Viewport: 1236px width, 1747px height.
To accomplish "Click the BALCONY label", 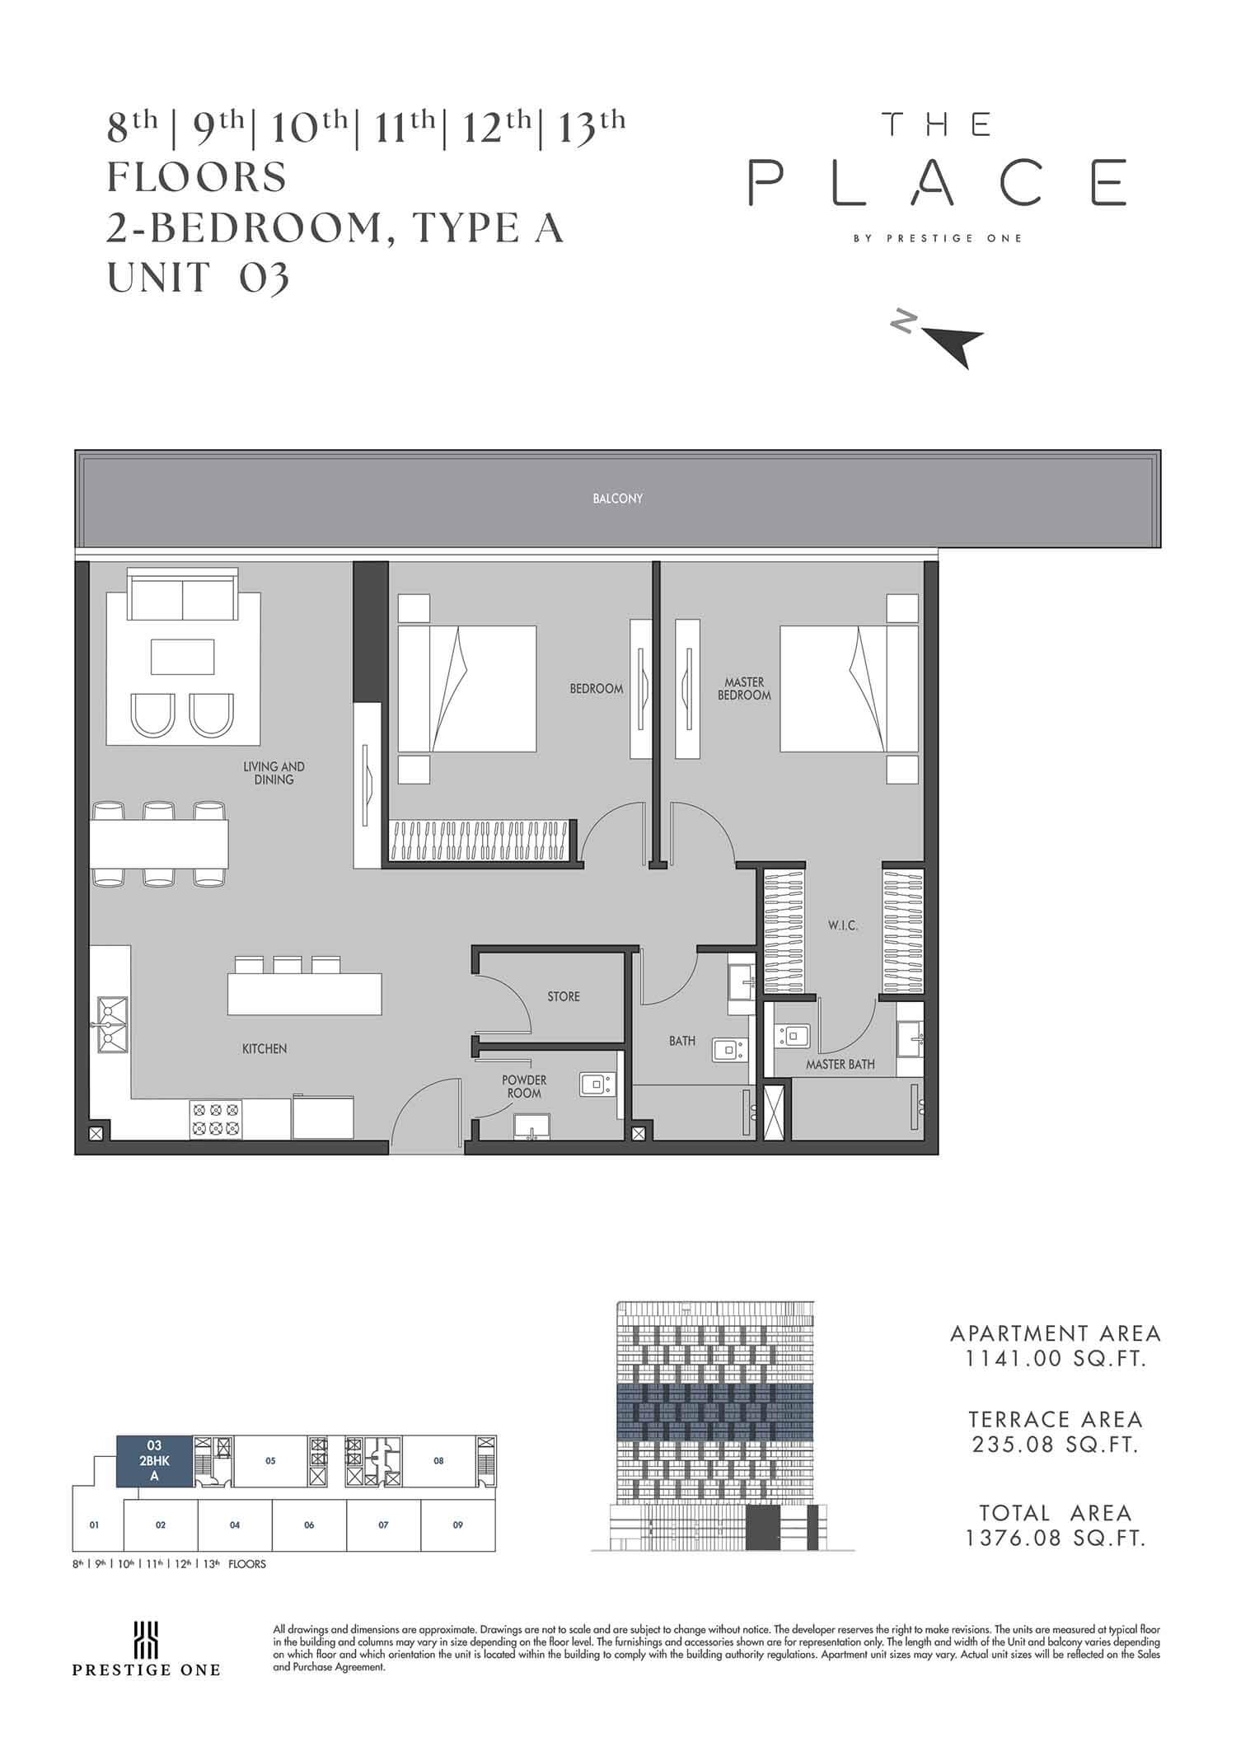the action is [617, 499].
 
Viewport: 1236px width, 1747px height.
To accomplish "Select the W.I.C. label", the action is [843, 925].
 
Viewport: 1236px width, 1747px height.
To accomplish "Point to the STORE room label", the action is [564, 996].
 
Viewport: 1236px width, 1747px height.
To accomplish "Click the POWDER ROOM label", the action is [524, 1086].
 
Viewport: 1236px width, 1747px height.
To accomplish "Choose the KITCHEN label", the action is [265, 1049].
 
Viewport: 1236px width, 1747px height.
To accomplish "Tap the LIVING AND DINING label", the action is [274, 773].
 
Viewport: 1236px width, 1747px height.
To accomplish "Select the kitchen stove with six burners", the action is [216, 1120].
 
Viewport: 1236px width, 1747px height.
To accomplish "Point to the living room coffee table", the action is [182, 657].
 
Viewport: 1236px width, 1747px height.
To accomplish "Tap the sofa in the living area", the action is [182, 593].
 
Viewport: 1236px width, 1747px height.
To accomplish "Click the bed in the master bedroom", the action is [849, 689].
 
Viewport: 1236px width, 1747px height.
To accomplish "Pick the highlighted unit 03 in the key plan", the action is [154, 1461].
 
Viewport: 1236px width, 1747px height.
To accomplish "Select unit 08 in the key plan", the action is [439, 1461].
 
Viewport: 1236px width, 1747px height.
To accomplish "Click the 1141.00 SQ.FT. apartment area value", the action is [1057, 1359].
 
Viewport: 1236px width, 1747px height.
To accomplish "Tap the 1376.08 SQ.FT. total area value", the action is [1057, 1539].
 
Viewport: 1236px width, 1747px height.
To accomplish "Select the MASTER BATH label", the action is [840, 1065].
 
